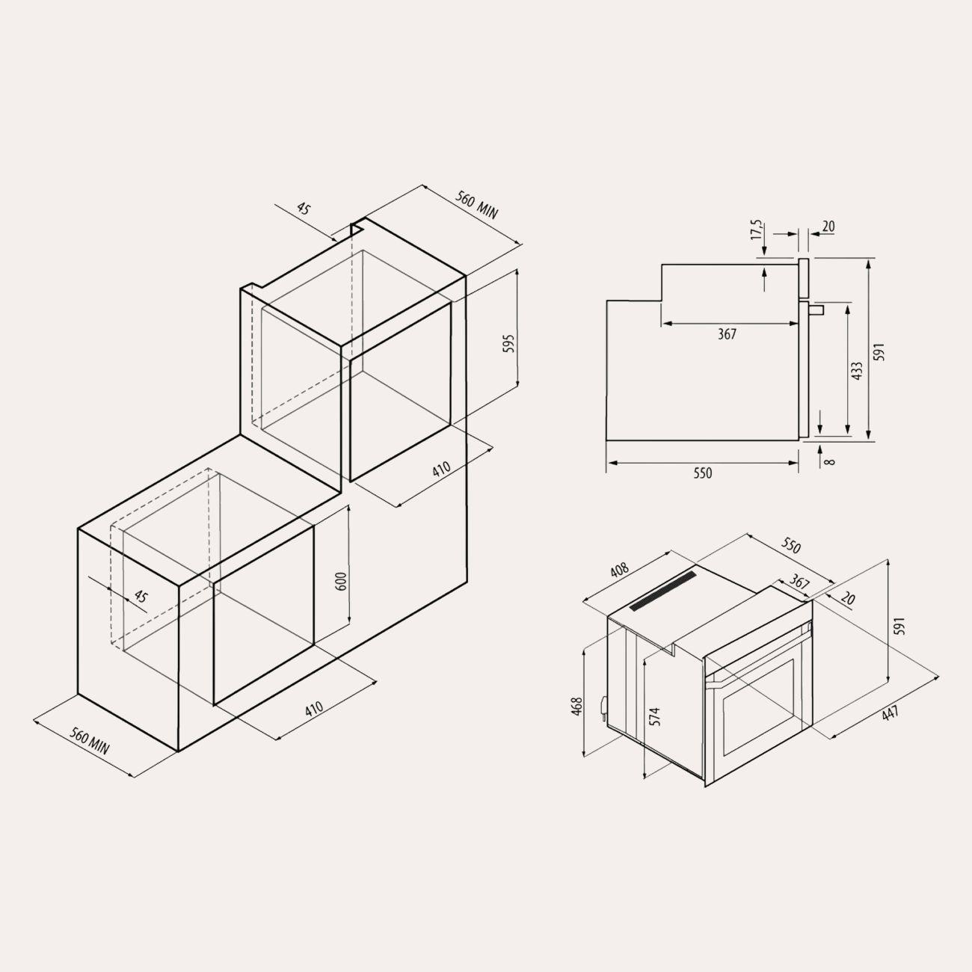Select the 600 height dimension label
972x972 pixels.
[x=342, y=582]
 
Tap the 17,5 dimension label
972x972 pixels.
[x=757, y=230]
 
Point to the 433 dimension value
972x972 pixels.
[x=857, y=371]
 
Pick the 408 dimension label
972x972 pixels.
[x=619, y=570]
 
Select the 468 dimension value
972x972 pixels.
[x=577, y=706]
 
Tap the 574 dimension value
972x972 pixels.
[x=654, y=716]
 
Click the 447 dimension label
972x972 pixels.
[x=891, y=713]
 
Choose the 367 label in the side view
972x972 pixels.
[x=727, y=334]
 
